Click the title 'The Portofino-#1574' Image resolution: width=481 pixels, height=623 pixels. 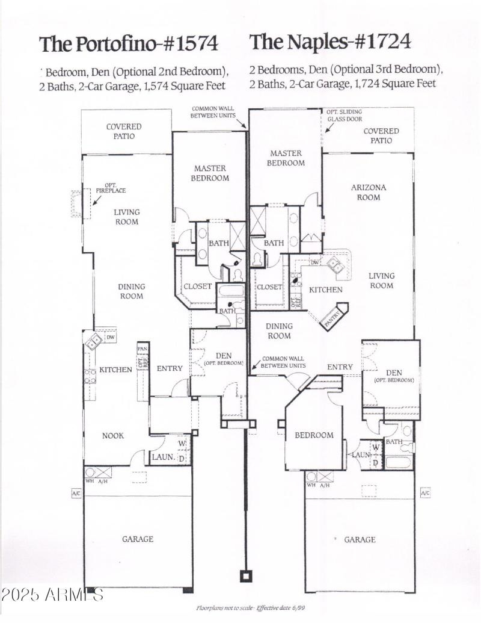128,44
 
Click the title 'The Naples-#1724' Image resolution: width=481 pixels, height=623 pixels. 330,42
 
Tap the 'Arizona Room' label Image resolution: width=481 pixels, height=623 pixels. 369,192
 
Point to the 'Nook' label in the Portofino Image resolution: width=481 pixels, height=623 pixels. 112,435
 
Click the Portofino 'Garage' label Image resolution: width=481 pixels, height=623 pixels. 138,539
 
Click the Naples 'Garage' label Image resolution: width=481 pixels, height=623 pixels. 360,540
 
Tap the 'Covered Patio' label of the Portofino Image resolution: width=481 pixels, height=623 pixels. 124,131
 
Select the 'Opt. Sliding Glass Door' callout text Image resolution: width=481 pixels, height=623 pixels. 345,116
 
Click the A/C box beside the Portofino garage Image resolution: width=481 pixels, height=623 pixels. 76,494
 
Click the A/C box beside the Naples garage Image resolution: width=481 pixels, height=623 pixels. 425,493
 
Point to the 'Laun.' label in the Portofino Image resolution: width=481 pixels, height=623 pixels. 163,457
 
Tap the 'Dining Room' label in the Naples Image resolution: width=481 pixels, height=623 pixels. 279,331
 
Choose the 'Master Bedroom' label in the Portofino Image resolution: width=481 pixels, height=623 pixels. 210,173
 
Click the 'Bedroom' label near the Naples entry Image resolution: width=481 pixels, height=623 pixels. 313,435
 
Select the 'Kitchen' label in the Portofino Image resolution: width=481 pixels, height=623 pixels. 115,370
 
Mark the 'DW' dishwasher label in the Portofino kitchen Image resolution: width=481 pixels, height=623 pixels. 110,338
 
